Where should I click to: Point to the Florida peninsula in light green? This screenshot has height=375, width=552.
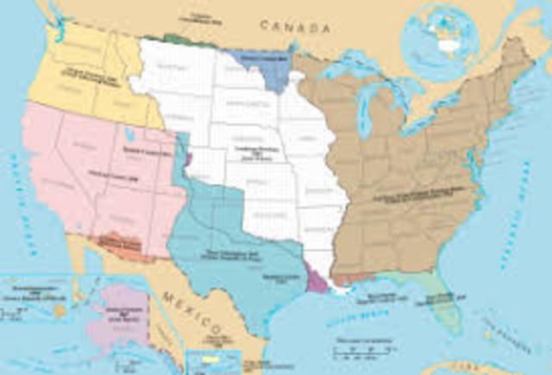pyautogui.click(x=443, y=303)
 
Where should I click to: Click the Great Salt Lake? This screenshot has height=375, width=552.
pyautogui.click(x=129, y=136)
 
